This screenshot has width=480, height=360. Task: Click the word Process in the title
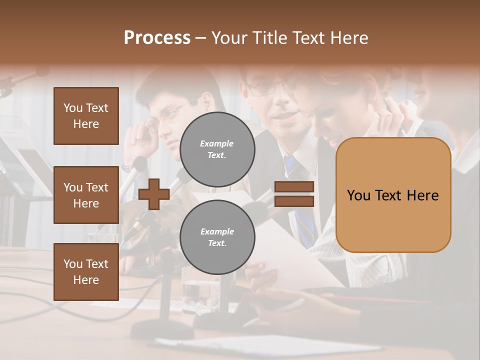157,38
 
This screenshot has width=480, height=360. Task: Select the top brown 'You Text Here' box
86,116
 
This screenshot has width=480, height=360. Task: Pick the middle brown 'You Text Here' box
86,195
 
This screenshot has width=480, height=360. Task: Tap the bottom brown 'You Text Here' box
86,272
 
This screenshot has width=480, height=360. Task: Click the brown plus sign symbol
153,194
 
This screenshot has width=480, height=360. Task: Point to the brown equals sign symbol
294,194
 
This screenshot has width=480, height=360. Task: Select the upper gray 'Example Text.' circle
217,149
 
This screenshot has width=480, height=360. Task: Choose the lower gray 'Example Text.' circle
217,237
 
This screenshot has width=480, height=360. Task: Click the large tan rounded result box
393,195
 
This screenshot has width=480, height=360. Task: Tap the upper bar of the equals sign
294,187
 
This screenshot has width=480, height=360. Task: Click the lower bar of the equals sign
294,201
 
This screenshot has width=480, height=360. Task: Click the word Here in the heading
349,38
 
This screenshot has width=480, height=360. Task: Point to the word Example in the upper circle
217,144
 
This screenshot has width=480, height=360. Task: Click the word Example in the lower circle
217,232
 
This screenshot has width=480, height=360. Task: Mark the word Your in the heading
228,38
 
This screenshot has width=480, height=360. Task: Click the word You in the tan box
358,195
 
